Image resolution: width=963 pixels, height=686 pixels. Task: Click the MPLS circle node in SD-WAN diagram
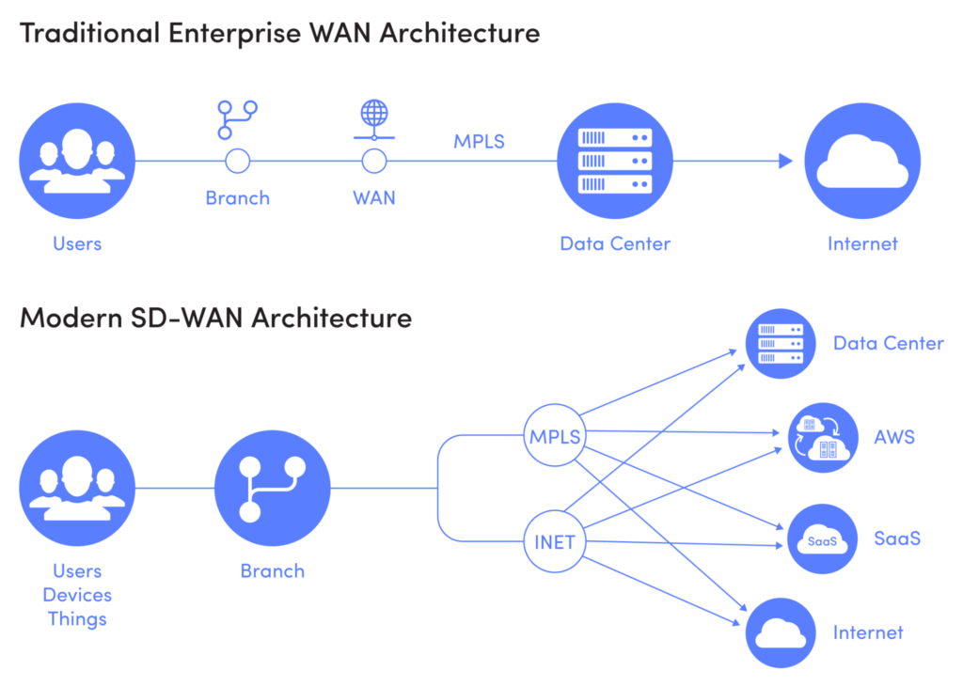pos(555,437)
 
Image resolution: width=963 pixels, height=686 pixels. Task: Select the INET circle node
pos(555,542)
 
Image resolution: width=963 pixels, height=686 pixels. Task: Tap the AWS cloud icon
pos(822,437)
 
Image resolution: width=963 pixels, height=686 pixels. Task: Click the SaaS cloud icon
pos(822,539)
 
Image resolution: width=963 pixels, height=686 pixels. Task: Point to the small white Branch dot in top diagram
pos(238,162)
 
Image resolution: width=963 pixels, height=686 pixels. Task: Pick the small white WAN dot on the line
pos(374,162)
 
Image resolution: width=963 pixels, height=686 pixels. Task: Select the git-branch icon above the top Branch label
pos(237,120)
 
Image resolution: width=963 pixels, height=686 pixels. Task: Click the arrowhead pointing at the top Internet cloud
pos(786,162)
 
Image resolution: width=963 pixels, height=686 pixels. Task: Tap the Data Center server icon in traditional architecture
pos(616,162)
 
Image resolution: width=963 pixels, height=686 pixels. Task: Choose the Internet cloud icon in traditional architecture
pos(862,162)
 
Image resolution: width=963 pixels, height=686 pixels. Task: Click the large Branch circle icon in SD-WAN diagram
pos(273,488)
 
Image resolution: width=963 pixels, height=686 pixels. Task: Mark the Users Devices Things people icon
pos(77,488)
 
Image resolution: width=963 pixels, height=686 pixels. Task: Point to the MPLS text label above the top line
pos(479,142)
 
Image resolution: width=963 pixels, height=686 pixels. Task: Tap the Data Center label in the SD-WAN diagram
pos(889,344)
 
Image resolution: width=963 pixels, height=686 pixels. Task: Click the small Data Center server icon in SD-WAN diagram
pos(781,344)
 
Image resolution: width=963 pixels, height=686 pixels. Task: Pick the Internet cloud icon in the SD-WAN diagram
pos(781,632)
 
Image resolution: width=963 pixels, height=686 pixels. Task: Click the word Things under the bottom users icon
pos(77,619)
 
